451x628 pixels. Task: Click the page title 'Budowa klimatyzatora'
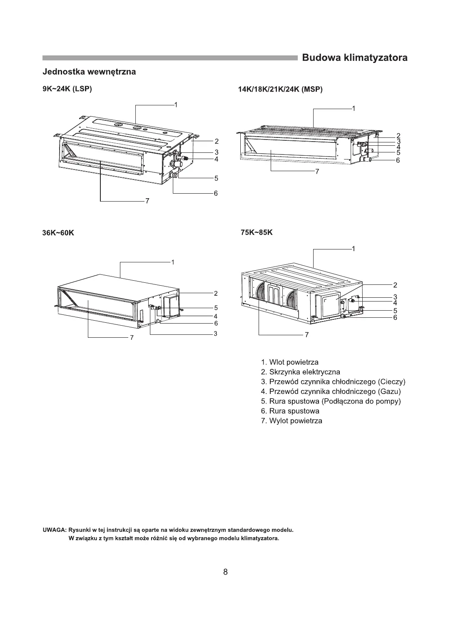tap(354, 57)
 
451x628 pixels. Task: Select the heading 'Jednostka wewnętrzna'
tap(89, 72)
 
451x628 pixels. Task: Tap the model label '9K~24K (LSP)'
tap(67, 90)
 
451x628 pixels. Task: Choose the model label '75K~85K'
tap(257, 232)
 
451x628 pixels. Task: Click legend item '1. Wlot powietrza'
tap(289, 362)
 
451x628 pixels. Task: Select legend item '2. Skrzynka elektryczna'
tap(300, 372)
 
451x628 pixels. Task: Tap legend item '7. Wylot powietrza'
tap(292, 421)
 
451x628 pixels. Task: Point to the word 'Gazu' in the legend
tap(389, 391)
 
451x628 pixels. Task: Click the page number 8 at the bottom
tap(225, 572)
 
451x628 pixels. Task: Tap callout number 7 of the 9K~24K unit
tap(147, 202)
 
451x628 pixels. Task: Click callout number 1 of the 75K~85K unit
tap(353, 249)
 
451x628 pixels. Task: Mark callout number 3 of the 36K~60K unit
tap(216, 334)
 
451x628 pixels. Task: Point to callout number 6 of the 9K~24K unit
tap(216, 193)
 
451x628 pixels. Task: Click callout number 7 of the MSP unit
tap(317, 171)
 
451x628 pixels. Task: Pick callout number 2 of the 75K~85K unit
tap(395, 285)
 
